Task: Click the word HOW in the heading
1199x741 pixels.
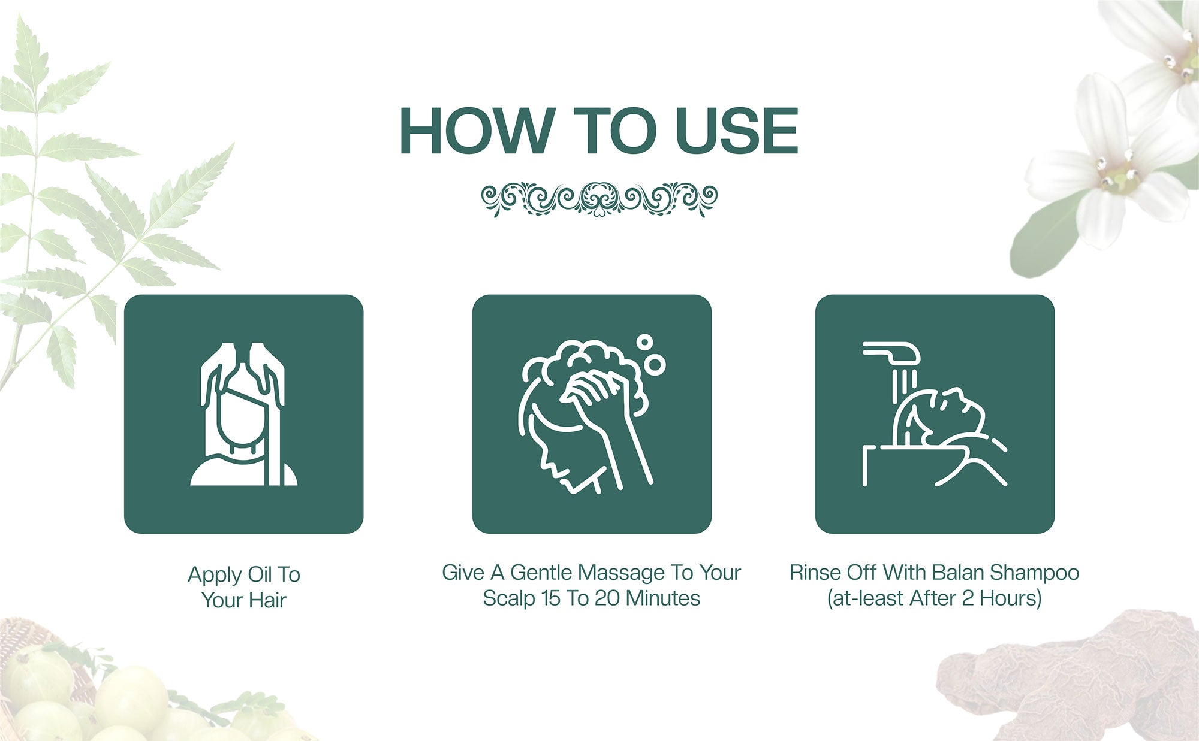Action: click(x=475, y=130)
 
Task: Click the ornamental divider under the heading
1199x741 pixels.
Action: click(x=599, y=198)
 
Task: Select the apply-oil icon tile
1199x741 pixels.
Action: click(x=243, y=414)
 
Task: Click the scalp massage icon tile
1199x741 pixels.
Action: click(x=592, y=414)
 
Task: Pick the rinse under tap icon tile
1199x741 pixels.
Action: click(x=935, y=414)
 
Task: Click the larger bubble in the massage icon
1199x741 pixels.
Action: click(x=656, y=364)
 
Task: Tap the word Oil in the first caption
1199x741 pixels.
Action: click(x=260, y=575)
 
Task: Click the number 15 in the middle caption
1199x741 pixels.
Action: click(x=551, y=598)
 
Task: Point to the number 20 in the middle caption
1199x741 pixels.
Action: click(x=607, y=598)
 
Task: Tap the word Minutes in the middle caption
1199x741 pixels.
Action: click(x=663, y=598)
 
